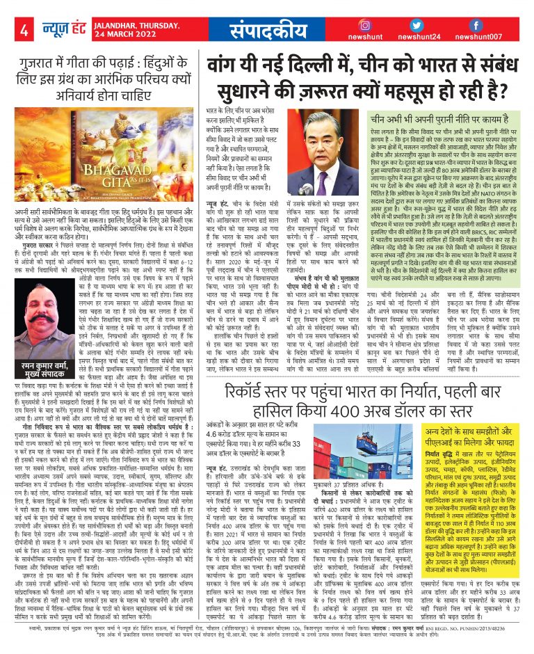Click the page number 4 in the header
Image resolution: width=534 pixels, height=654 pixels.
(x=23, y=31)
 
